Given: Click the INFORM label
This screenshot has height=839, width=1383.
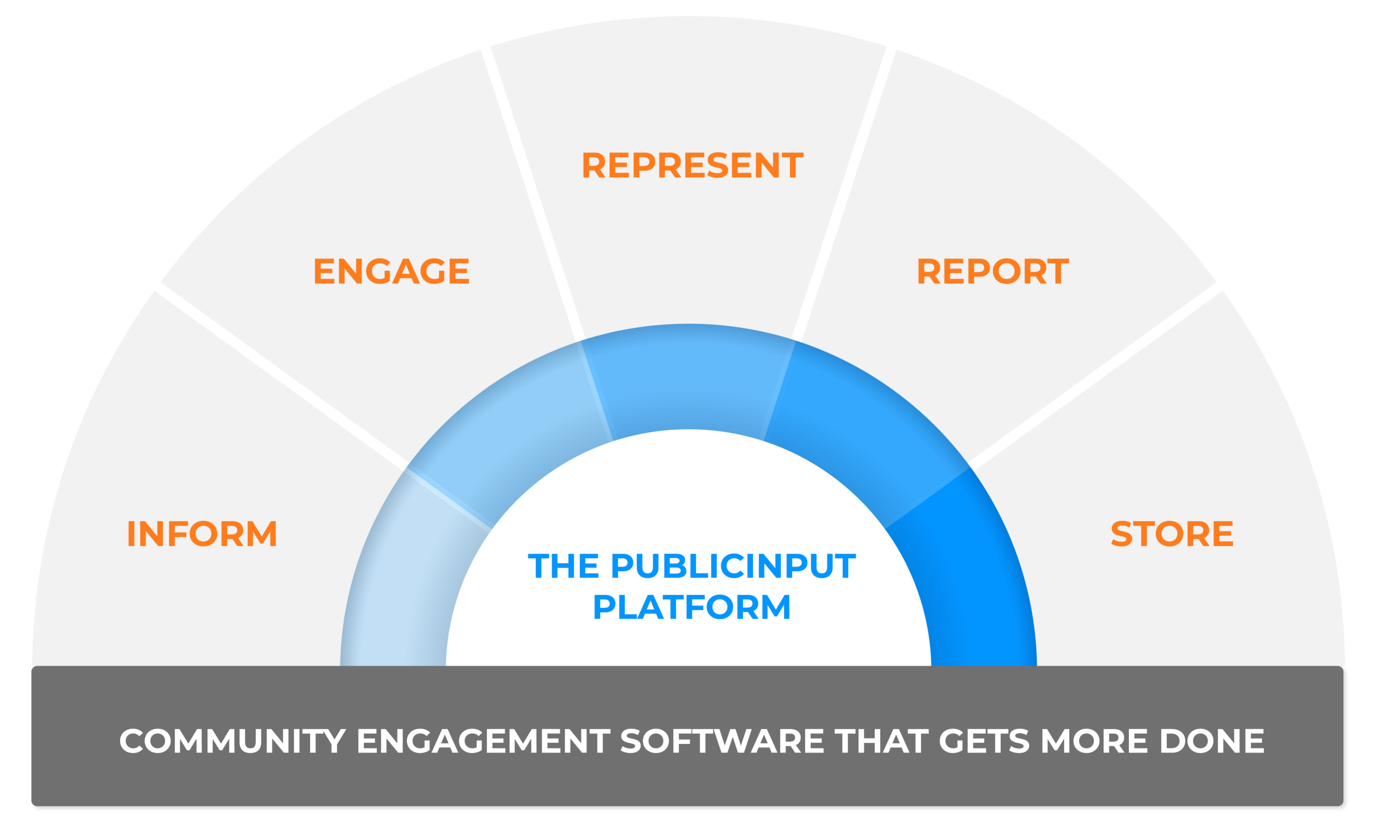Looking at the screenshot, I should pos(202,533).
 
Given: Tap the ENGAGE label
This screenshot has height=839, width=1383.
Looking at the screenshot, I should pos(391,272).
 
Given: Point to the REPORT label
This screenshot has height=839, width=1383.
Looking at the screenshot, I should pos(992,272).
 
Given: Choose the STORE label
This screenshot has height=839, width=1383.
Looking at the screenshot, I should pos(1172,533).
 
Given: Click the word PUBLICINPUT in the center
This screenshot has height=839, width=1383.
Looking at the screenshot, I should pos(733,566).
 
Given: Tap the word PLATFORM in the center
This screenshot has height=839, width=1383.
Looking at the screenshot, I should pos(691,607).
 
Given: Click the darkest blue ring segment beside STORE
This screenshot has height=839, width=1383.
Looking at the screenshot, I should pos(971,589).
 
